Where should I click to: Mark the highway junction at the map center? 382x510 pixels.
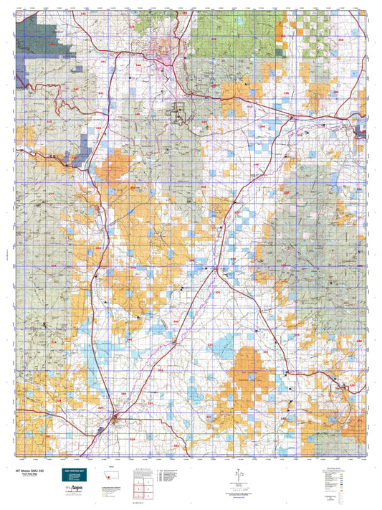216,268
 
